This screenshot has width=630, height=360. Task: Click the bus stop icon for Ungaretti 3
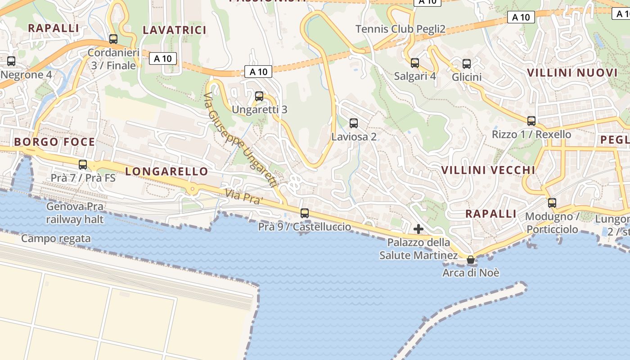pos(259,96)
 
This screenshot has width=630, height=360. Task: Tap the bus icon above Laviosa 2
pos(354,123)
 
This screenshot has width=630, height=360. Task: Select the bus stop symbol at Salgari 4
pos(415,63)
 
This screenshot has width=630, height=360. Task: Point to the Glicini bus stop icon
pos(467,63)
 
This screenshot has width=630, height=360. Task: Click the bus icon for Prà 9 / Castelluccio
pos(305,213)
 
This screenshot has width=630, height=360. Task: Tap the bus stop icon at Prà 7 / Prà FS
pos(83,164)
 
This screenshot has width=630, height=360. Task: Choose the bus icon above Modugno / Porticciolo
pos(552,202)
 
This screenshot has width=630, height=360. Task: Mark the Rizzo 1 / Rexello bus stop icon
pos(531,121)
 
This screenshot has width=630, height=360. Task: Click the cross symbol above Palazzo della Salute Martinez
pos(418,229)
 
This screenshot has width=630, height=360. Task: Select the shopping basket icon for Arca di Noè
pos(471,260)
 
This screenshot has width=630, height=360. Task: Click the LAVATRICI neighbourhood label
pos(175,30)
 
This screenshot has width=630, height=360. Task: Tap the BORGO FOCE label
pos(54,142)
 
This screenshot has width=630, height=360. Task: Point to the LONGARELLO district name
pos(166,171)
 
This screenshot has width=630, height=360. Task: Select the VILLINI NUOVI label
pos(572,73)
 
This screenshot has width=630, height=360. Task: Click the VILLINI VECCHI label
pos(488,170)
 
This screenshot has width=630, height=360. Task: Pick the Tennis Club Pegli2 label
pos(400,29)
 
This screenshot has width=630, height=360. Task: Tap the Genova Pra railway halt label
pos(75,213)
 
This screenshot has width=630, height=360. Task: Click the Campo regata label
pos(56,238)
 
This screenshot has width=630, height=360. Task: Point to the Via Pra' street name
pos(243,197)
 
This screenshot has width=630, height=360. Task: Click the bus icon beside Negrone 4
pos(11,61)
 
